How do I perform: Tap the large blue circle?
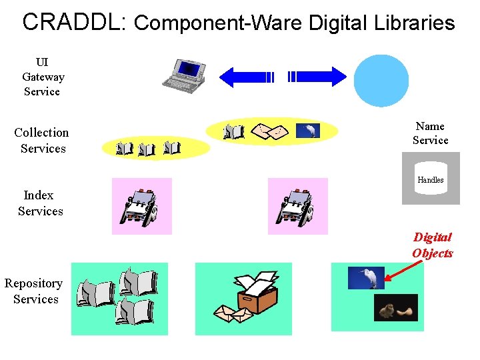(x=381, y=79)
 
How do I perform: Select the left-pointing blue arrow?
(x=247, y=77)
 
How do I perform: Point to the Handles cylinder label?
(x=431, y=180)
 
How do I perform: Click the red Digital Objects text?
(x=432, y=245)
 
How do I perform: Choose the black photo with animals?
(x=395, y=307)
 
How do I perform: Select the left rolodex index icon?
(x=141, y=207)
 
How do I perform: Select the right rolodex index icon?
(x=297, y=207)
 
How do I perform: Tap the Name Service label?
(x=430, y=133)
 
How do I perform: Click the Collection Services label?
(x=42, y=141)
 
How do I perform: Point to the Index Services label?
(x=40, y=203)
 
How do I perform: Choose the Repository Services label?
(x=34, y=291)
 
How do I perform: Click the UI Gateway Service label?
(x=43, y=77)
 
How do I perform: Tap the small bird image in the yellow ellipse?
(x=308, y=131)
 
